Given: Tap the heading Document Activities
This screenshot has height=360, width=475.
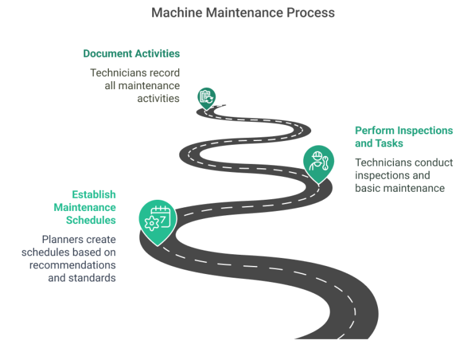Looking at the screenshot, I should [x=132, y=54].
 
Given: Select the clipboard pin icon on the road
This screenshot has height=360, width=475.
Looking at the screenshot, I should [x=206, y=97].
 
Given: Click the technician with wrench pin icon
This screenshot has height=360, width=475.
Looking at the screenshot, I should [x=317, y=161].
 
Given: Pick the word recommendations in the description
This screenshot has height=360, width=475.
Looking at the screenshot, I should [x=72, y=265].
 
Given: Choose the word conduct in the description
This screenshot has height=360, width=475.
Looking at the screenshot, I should [x=433, y=163].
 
